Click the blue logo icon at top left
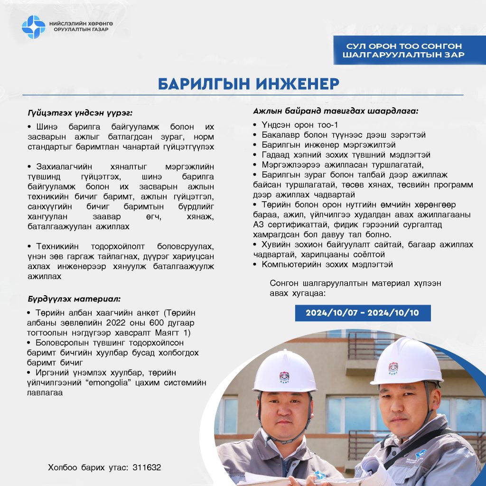[33, 27]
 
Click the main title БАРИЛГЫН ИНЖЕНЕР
[249, 84]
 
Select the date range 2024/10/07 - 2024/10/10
[363, 313]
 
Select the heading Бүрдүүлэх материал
[74, 299]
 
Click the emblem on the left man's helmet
[284, 377]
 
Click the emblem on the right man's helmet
[393, 368]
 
